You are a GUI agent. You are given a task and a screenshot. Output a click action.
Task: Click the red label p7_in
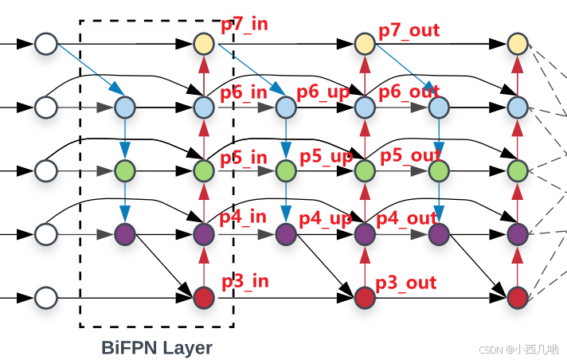(244, 23)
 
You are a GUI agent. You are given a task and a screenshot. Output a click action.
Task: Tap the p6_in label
(244, 92)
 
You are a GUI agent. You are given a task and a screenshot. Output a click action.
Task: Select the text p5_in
(244, 157)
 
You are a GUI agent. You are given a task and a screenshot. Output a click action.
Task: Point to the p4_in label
(243, 216)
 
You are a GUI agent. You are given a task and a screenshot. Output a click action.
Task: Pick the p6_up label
(323, 92)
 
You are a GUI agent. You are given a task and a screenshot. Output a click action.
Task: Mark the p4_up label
(326, 217)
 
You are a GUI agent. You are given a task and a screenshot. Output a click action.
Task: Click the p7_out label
(409, 31)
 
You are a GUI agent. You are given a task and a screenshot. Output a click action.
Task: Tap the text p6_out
(409, 92)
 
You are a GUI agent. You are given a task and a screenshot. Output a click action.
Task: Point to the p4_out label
(407, 217)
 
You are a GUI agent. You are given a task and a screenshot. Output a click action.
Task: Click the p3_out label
(406, 282)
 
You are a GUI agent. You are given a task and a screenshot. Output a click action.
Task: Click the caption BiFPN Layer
(157, 348)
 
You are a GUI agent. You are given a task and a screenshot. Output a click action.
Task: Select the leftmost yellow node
(204, 43)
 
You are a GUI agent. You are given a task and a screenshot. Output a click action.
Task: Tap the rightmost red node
(518, 298)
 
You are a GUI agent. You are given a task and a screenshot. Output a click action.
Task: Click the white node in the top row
(46, 43)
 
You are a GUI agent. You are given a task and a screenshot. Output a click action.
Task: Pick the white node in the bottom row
(46, 298)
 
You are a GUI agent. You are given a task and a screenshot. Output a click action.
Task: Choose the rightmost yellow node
(518, 43)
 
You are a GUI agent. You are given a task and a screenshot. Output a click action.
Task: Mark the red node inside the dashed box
(204, 298)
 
